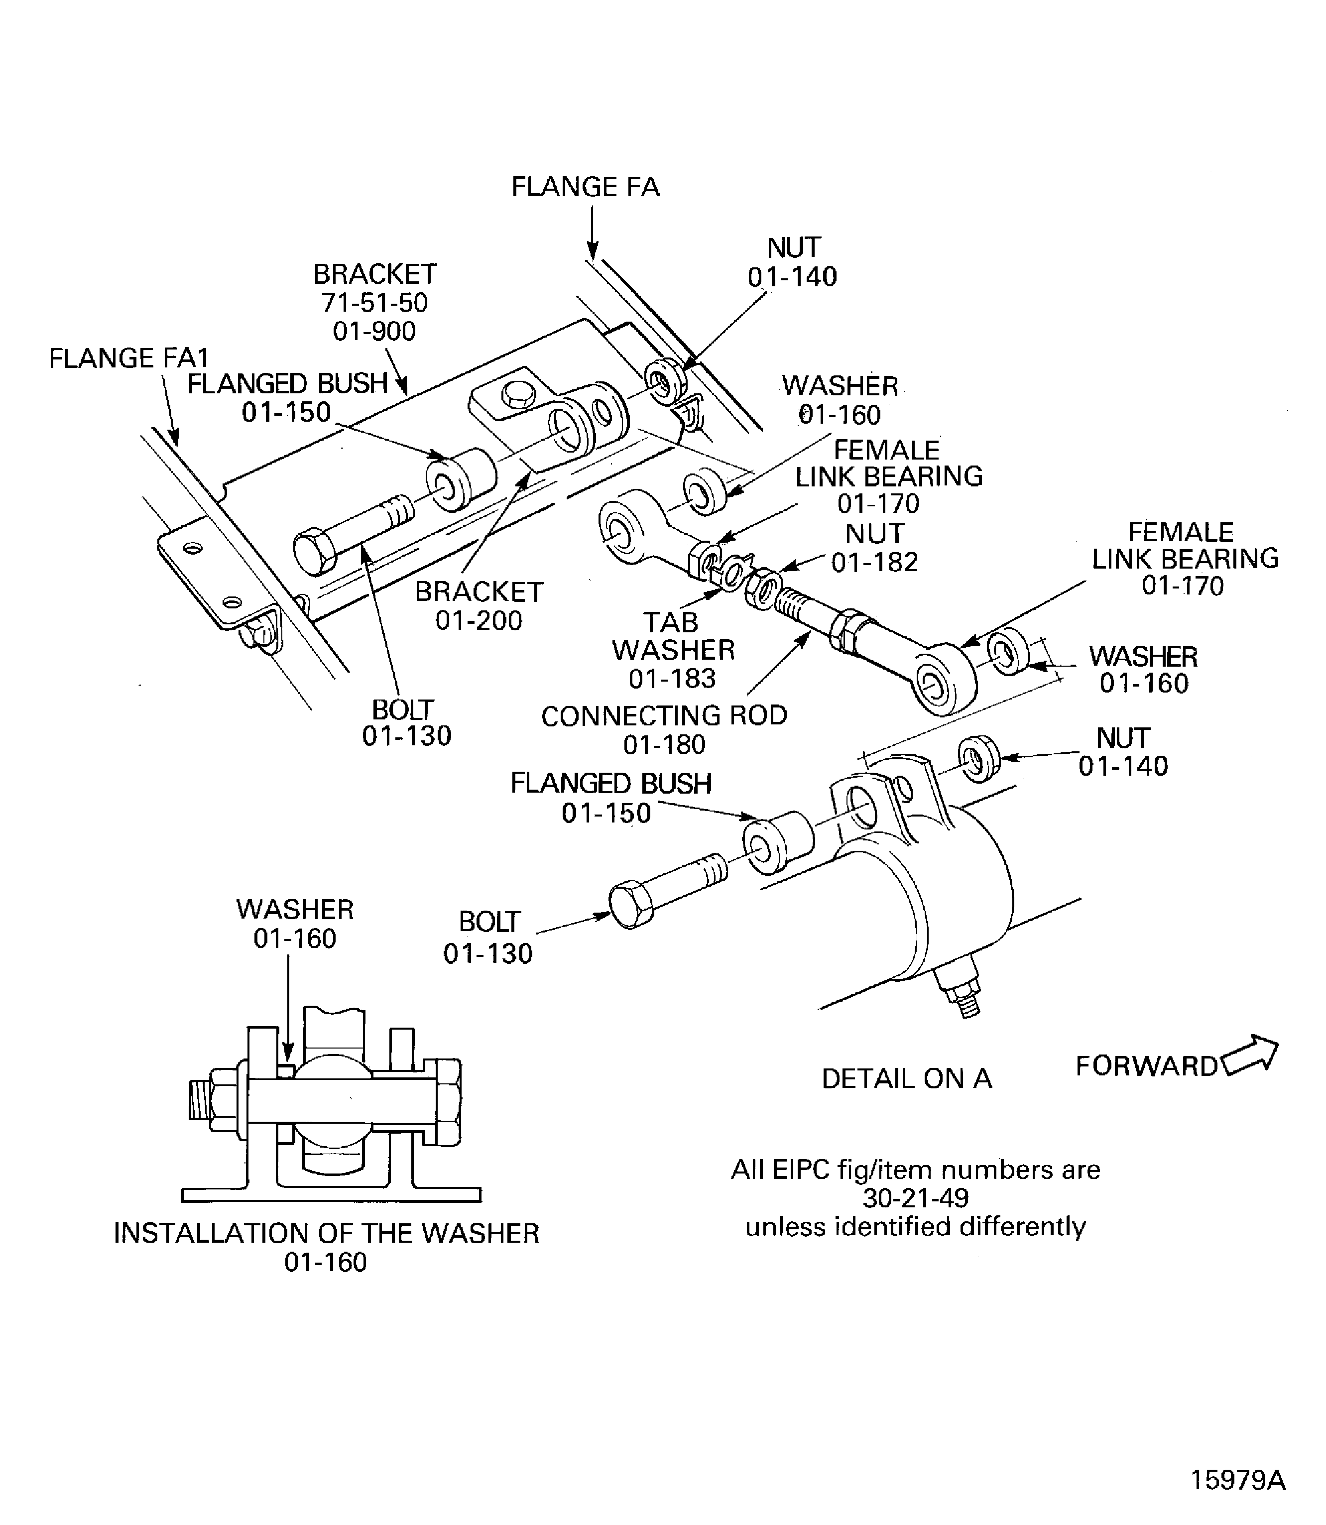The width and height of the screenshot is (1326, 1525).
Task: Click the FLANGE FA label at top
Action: (x=585, y=187)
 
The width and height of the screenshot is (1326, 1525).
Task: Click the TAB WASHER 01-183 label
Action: (x=672, y=650)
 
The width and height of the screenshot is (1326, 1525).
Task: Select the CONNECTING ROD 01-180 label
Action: (x=664, y=729)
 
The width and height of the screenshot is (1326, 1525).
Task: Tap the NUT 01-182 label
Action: (x=875, y=548)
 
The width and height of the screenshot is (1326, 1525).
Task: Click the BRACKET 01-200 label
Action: (x=479, y=605)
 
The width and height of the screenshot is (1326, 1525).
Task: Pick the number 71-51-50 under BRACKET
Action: (x=374, y=303)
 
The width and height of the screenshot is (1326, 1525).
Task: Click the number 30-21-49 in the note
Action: (x=915, y=1197)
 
